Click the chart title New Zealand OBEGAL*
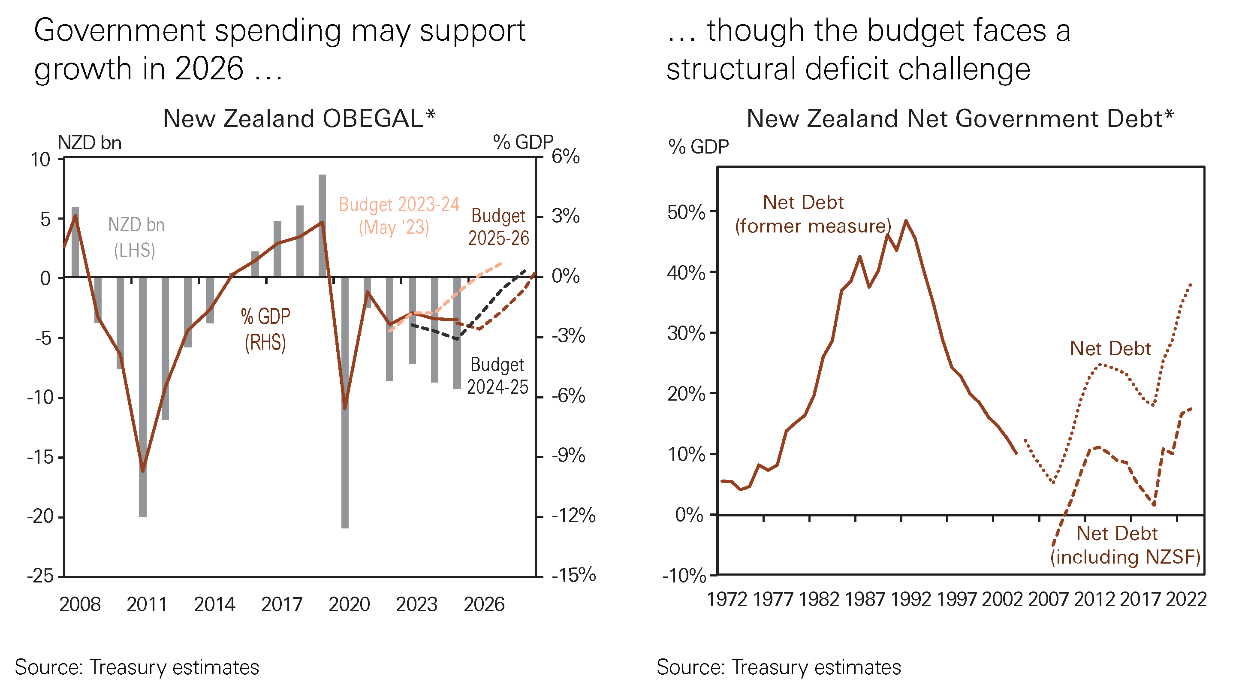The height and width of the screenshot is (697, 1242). [299, 119]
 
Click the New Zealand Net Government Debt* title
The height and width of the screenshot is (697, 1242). [959, 119]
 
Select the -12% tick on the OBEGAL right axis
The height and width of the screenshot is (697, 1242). [573, 516]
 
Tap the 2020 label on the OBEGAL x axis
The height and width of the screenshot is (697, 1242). [349, 604]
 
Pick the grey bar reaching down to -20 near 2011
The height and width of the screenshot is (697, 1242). [143, 395]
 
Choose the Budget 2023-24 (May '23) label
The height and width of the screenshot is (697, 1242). [399, 216]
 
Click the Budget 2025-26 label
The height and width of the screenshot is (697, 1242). [498, 227]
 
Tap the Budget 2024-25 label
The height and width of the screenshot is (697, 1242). [497, 376]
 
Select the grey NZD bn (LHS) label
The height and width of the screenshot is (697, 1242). [136, 237]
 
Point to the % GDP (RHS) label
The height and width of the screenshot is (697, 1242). [265, 329]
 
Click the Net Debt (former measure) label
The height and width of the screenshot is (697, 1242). [813, 214]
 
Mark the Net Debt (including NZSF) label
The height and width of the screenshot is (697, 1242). [1125, 545]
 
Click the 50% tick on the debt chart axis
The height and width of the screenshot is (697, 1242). [686, 212]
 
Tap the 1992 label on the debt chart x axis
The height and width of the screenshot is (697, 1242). [910, 600]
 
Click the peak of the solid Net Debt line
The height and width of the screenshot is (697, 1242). [906, 221]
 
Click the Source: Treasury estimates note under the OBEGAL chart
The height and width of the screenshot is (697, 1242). [137, 667]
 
